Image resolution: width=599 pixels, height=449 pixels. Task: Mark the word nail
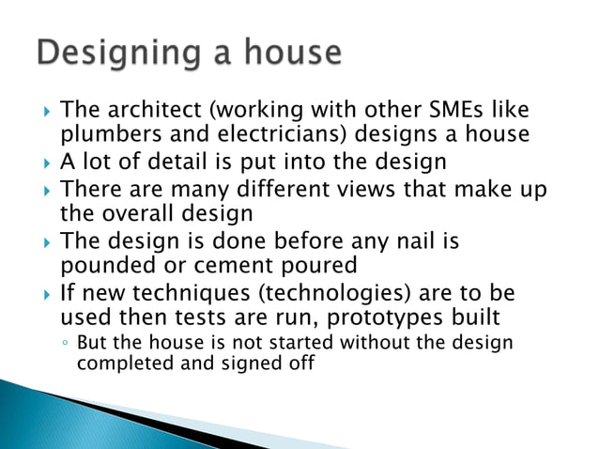click(x=411, y=241)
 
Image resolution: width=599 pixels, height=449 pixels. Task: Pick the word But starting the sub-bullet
click(x=90, y=343)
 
